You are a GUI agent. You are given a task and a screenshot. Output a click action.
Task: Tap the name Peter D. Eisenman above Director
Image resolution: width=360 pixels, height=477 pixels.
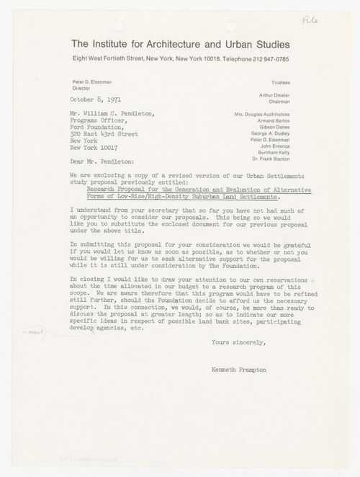click(x=94, y=83)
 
